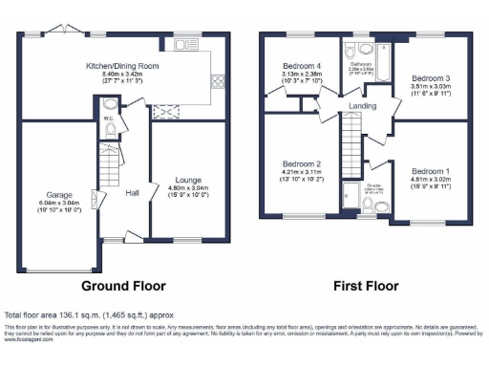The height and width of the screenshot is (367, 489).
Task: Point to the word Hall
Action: [x=133, y=192]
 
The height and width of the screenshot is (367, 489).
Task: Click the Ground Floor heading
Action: [x=122, y=285]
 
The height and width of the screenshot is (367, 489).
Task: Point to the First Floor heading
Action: [x=364, y=285]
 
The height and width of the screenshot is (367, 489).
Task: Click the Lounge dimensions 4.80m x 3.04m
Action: [x=186, y=189]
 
